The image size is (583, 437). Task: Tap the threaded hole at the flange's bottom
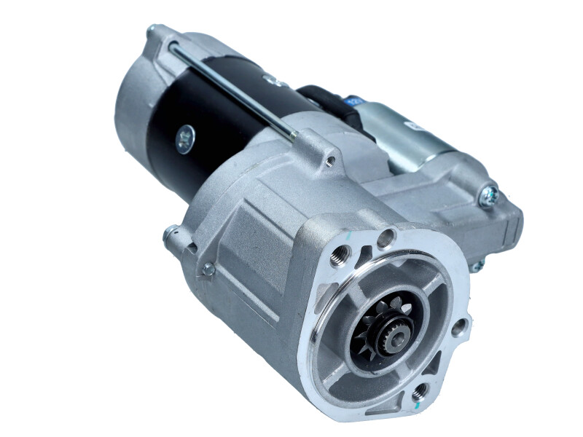point(420,393)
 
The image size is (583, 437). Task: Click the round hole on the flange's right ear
point(458,328)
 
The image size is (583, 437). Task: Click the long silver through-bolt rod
point(233,91)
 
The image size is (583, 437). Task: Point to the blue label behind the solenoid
point(356,102)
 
